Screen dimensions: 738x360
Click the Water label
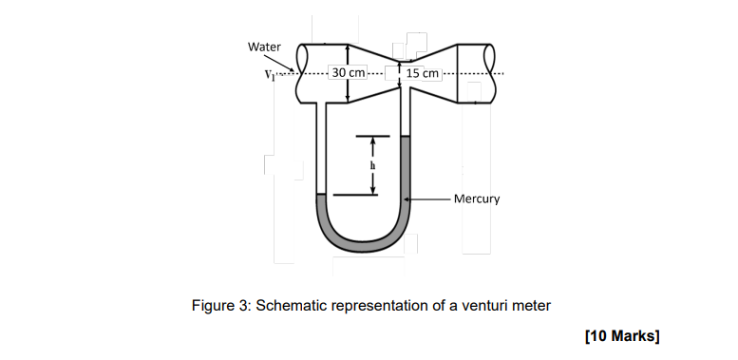coord(264,47)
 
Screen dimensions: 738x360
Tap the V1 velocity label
coord(269,74)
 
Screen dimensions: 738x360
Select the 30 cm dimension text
coord(349,73)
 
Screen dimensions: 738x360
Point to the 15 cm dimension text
coord(422,73)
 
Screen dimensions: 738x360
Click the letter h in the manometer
coord(372,165)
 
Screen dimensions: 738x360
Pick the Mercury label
coord(477,199)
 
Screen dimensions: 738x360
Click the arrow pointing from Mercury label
coord(427,199)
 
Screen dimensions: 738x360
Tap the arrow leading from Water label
coord(278,63)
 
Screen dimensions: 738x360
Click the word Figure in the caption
coord(210,306)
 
